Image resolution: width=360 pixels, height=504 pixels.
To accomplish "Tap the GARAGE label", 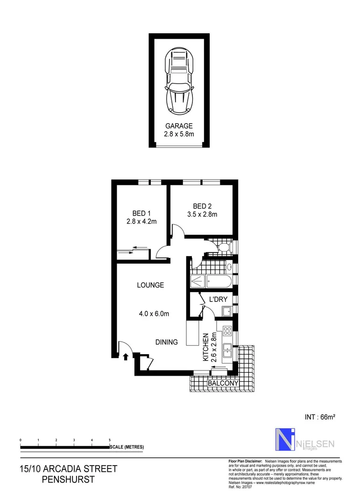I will click(x=179, y=126).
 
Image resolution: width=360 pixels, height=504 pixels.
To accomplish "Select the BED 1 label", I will click(x=141, y=213).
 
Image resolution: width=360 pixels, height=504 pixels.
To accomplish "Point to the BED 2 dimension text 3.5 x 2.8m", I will click(x=202, y=215).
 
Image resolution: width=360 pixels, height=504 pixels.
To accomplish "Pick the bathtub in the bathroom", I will click(x=219, y=281).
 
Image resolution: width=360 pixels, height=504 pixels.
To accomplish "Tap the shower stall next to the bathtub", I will click(x=198, y=281).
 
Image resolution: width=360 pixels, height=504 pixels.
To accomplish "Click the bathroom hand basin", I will click(x=229, y=267).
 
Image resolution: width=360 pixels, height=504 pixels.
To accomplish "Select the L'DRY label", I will click(x=218, y=299).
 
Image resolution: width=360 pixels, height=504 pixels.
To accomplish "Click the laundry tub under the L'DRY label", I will click(x=227, y=312).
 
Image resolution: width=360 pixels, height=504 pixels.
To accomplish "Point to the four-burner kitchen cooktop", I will click(x=228, y=331).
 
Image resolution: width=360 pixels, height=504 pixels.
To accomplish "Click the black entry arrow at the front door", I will click(x=126, y=357).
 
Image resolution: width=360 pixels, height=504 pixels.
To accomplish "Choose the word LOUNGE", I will click(x=150, y=285).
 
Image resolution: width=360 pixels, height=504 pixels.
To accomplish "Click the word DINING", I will click(x=167, y=342).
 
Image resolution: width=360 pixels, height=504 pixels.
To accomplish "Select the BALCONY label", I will click(x=223, y=383).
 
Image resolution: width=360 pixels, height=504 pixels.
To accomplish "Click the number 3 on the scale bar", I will click(x=74, y=440).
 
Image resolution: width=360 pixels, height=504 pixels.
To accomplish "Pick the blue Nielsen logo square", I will click(x=284, y=440).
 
